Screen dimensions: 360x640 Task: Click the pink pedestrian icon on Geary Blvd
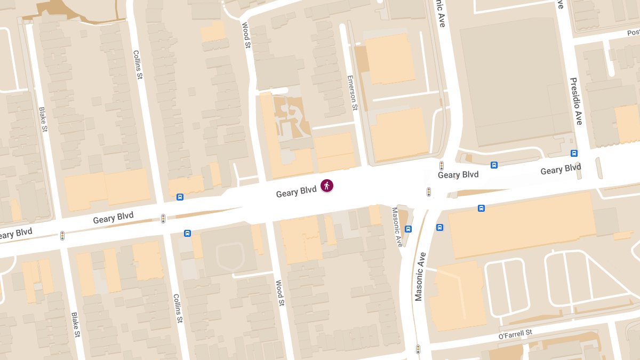coord(327,186)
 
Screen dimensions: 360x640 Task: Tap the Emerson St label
coord(351,92)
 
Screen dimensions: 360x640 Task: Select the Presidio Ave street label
coord(576,101)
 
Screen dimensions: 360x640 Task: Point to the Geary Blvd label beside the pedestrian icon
coord(296,192)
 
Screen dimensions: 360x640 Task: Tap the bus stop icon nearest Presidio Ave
coord(574,154)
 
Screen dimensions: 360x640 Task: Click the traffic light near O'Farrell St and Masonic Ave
coord(418,349)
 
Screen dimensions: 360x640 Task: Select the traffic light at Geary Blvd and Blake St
coord(62,235)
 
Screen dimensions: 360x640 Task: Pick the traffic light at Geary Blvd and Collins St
coord(163,218)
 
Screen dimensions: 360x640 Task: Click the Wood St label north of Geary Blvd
coord(246,35)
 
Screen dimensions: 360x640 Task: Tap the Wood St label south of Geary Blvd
coord(279,293)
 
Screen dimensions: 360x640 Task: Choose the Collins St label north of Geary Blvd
coord(137,65)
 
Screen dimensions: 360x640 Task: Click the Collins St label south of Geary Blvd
coord(178,309)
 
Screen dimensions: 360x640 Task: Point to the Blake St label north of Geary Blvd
coord(43,119)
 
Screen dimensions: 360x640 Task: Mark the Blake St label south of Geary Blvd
coord(75,325)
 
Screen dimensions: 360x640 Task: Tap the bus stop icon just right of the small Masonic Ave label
coord(409,229)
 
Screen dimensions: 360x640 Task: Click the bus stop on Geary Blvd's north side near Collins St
coord(180,197)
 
